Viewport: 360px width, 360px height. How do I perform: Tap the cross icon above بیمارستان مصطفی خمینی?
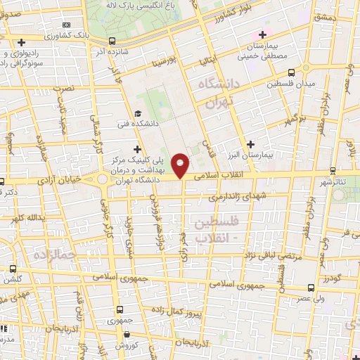263,34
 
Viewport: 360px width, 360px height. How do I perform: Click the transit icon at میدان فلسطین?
291,72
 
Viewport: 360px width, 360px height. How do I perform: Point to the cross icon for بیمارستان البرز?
250,143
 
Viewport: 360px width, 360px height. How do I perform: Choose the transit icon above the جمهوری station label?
120,309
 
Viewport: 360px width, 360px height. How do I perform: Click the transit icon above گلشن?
13,269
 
